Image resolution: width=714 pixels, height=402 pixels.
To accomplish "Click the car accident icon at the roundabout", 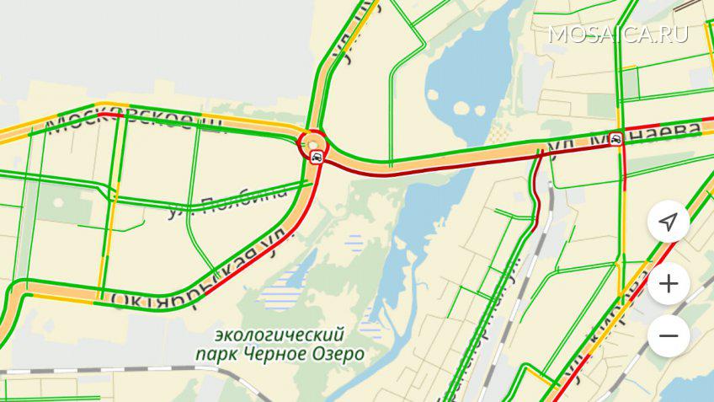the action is (316, 157).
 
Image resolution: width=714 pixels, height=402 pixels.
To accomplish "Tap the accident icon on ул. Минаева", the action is (617, 139).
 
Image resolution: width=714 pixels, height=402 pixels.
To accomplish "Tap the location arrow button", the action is (669, 222).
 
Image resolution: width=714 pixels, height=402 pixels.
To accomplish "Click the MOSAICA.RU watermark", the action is (617, 34).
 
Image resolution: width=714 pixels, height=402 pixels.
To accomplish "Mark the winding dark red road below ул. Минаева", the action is (533, 194).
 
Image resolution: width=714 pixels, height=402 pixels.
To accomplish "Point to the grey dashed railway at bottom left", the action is (126, 371).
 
